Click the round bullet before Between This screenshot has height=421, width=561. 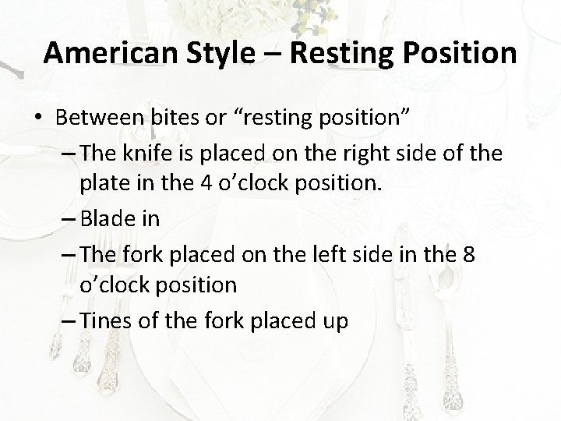click(38, 119)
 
